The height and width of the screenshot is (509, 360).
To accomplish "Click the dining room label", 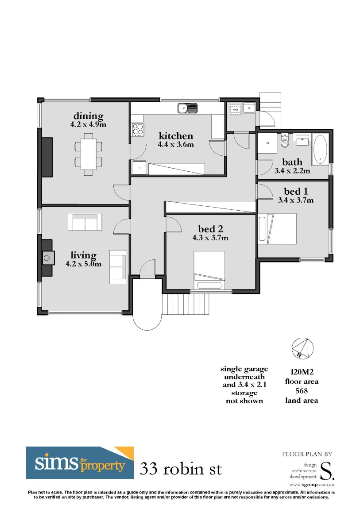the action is coord(88,116).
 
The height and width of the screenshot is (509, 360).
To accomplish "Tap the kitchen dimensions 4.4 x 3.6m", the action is coord(176,144).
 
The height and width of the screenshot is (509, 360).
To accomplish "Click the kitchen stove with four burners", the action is coord(138,129).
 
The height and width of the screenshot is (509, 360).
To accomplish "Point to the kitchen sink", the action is coord(188,108).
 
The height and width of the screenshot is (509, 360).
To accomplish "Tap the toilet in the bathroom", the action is coord(285,141).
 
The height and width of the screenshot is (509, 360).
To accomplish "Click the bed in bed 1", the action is coord(278,228).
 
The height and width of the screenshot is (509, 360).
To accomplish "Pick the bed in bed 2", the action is coord(209,270).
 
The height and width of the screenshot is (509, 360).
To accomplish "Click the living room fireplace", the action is coord(47,258).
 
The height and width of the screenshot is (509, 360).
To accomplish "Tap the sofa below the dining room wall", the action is coord(85,222).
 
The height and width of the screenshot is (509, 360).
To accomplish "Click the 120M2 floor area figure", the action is coord(302,372).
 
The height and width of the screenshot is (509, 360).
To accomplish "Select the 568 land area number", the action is coord(302,391).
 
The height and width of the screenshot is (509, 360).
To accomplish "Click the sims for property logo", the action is coord(80,463).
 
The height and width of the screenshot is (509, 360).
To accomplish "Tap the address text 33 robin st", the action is coord(181,469).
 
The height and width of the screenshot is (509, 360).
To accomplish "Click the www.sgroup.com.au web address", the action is coord(312,485).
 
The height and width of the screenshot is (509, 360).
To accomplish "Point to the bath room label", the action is coord(292,162).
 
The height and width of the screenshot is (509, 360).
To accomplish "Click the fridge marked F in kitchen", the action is coord(139,168).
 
